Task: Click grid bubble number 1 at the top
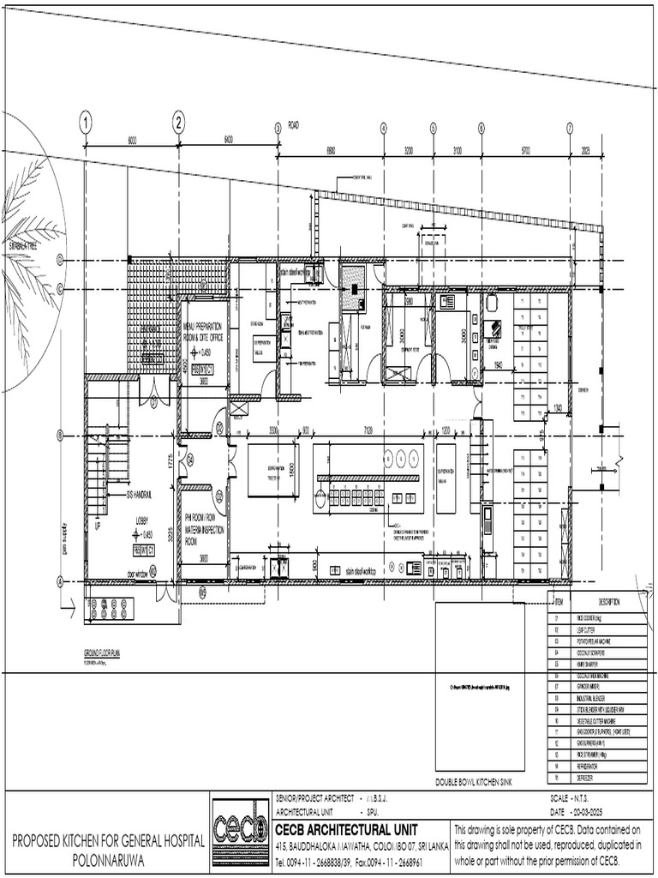pos(86,122)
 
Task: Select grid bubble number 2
pos(179,122)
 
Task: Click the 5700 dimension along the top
pos(525,150)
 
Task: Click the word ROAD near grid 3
pos(293,125)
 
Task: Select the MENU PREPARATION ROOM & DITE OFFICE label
pos(203,333)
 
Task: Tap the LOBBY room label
pos(142,521)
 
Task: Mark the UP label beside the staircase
pos(97,526)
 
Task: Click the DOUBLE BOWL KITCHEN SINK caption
pos(475,782)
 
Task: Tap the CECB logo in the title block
pos(239,829)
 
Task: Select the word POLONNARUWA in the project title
pos(107,857)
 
